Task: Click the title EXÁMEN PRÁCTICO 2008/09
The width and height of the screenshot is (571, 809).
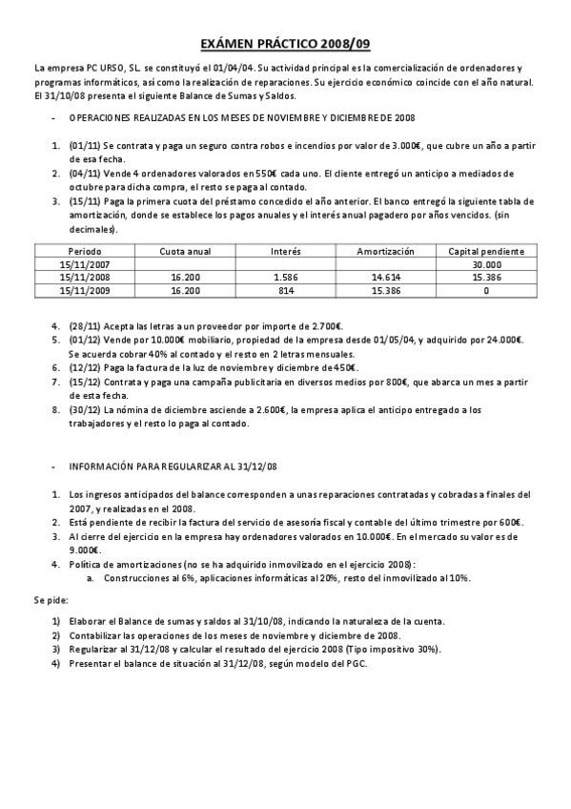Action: pyautogui.click(x=285, y=44)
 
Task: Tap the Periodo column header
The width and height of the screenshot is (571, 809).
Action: pyautogui.click(x=85, y=252)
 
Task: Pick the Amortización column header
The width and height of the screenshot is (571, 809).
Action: pyautogui.click(x=385, y=252)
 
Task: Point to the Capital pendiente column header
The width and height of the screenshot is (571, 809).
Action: pyautogui.click(x=486, y=252)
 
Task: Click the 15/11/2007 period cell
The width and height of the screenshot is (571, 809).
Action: pyautogui.click(x=85, y=263)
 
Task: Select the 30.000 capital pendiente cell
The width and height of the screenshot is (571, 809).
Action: pyautogui.click(x=486, y=263)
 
